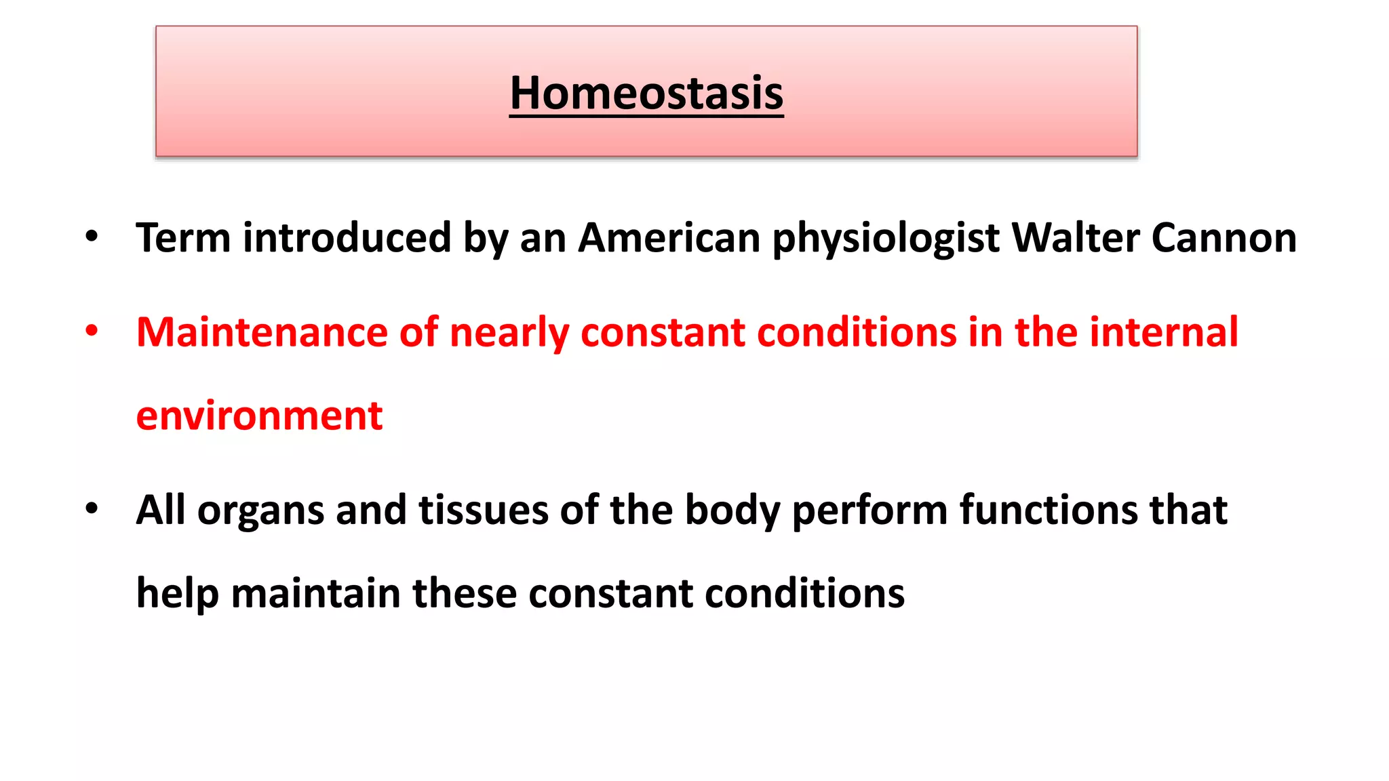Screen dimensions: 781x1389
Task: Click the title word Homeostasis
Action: (x=646, y=93)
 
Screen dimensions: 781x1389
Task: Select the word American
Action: (x=669, y=238)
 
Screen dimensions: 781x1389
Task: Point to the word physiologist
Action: (x=886, y=239)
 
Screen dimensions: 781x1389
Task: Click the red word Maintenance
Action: (x=262, y=332)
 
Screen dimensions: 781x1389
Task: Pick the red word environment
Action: (x=259, y=416)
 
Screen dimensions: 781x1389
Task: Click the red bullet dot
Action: (x=92, y=331)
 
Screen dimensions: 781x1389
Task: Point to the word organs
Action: (x=260, y=511)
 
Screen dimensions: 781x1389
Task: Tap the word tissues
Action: (x=483, y=510)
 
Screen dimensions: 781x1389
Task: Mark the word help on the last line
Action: (x=177, y=594)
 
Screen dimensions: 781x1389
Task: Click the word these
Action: (x=465, y=593)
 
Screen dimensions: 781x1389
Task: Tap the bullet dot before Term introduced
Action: (x=92, y=237)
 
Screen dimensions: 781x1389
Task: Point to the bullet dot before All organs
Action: (x=92, y=508)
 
